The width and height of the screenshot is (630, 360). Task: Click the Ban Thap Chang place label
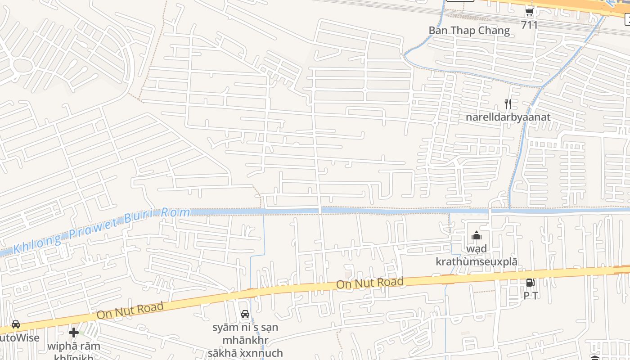point(469,31)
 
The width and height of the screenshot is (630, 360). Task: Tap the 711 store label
point(529,25)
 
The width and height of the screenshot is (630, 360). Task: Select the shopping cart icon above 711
point(529,12)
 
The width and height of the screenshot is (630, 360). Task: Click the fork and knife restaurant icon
point(508,104)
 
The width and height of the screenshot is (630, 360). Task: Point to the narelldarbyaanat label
point(508,117)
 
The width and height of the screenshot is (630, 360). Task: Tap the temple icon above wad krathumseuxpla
point(476,235)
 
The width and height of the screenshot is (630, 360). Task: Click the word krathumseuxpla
point(476,262)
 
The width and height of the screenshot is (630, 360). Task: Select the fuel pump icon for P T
point(531,283)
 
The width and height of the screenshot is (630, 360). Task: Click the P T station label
point(531,296)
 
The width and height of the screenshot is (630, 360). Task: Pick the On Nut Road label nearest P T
point(370,283)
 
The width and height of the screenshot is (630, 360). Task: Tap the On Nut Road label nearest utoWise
point(130,310)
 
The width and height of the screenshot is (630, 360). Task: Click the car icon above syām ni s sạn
point(245,314)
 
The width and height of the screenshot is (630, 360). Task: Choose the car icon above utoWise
point(16,324)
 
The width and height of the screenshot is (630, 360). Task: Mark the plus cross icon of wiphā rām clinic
point(74,333)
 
